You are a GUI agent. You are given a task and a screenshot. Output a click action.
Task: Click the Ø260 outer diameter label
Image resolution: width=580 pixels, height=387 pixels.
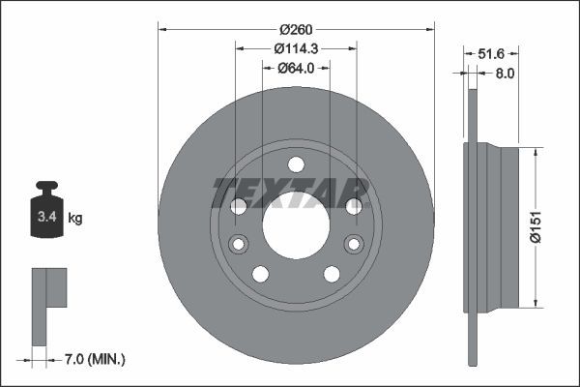[295, 29]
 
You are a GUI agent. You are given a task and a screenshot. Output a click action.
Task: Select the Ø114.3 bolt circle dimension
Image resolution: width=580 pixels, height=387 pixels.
[295, 48]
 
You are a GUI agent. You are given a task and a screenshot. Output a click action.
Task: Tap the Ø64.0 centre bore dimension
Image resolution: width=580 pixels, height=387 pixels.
[296, 68]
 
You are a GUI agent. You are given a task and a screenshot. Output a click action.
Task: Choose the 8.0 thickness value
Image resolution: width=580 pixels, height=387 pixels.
[503, 72]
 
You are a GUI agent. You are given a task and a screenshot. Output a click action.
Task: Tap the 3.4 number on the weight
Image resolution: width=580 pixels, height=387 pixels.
[45, 219]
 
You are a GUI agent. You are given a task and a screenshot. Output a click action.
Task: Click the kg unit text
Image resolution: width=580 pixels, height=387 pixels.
[74, 219]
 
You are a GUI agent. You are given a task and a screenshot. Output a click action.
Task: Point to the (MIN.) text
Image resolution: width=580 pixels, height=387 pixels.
[106, 360]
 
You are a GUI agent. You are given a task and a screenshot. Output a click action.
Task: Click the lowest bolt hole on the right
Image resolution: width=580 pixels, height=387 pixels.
[332, 274]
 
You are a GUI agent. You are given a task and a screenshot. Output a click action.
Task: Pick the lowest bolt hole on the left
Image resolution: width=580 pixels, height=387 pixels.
[259, 274]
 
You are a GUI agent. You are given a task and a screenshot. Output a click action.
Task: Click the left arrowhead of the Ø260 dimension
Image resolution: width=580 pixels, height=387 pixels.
[161, 29]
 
